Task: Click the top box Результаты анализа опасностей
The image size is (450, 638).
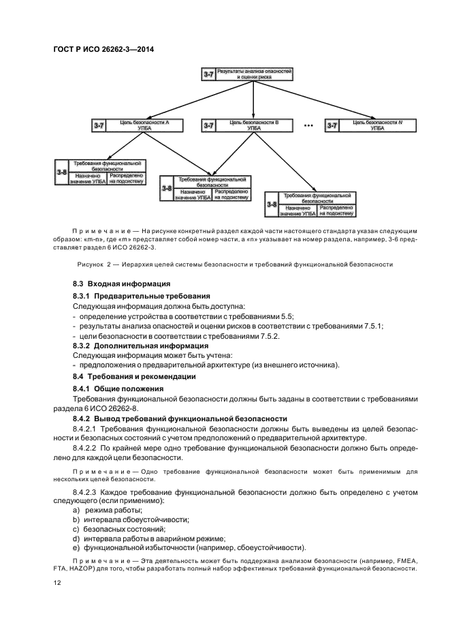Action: click(x=261, y=74)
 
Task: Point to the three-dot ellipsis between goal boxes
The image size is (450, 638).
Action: click(x=308, y=126)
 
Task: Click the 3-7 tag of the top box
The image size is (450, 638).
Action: click(x=209, y=74)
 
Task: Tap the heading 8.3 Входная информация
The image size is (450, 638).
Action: click(x=121, y=283)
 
